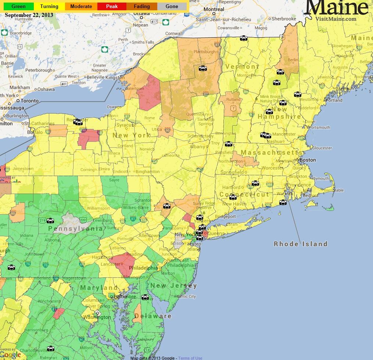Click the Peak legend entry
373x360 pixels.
(112, 6)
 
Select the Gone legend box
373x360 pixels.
(172, 6)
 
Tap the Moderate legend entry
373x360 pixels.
(81, 6)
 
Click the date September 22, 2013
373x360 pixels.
(29, 15)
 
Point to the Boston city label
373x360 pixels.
(308, 160)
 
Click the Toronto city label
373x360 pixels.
(29, 101)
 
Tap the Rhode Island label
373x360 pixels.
(301, 244)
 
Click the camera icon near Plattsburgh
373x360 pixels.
(203, 68)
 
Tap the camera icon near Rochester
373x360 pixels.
(78, 122)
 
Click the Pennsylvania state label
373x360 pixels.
(76, 228)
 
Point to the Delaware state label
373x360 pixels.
(153, 316)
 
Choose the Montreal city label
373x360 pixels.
(214, 9)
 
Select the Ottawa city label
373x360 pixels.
(141, 14)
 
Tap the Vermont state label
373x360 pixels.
(242, 66)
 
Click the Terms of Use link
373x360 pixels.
(190, 358)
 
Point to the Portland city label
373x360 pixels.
(334, 100)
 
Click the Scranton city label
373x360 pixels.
(143, 201)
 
